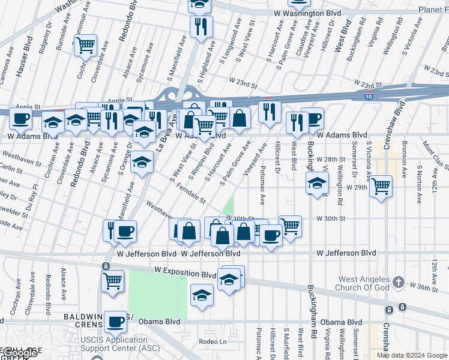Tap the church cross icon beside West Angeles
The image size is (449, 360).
coord(397,283)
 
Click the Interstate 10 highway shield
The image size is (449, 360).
coord(368,95)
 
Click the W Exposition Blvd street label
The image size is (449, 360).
coord(185,274)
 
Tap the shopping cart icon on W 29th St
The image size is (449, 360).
coord(381,187)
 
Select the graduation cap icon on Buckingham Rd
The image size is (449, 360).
coord(317,183)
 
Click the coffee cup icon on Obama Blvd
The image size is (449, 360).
coord(115,322)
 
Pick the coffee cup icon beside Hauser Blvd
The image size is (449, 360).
coord(20,119)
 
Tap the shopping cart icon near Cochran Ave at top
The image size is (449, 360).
coord(85,44)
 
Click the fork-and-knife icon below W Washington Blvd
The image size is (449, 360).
coord(200,26)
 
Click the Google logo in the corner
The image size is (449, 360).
coord(19,353)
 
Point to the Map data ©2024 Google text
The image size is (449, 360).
coord(412,355)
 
